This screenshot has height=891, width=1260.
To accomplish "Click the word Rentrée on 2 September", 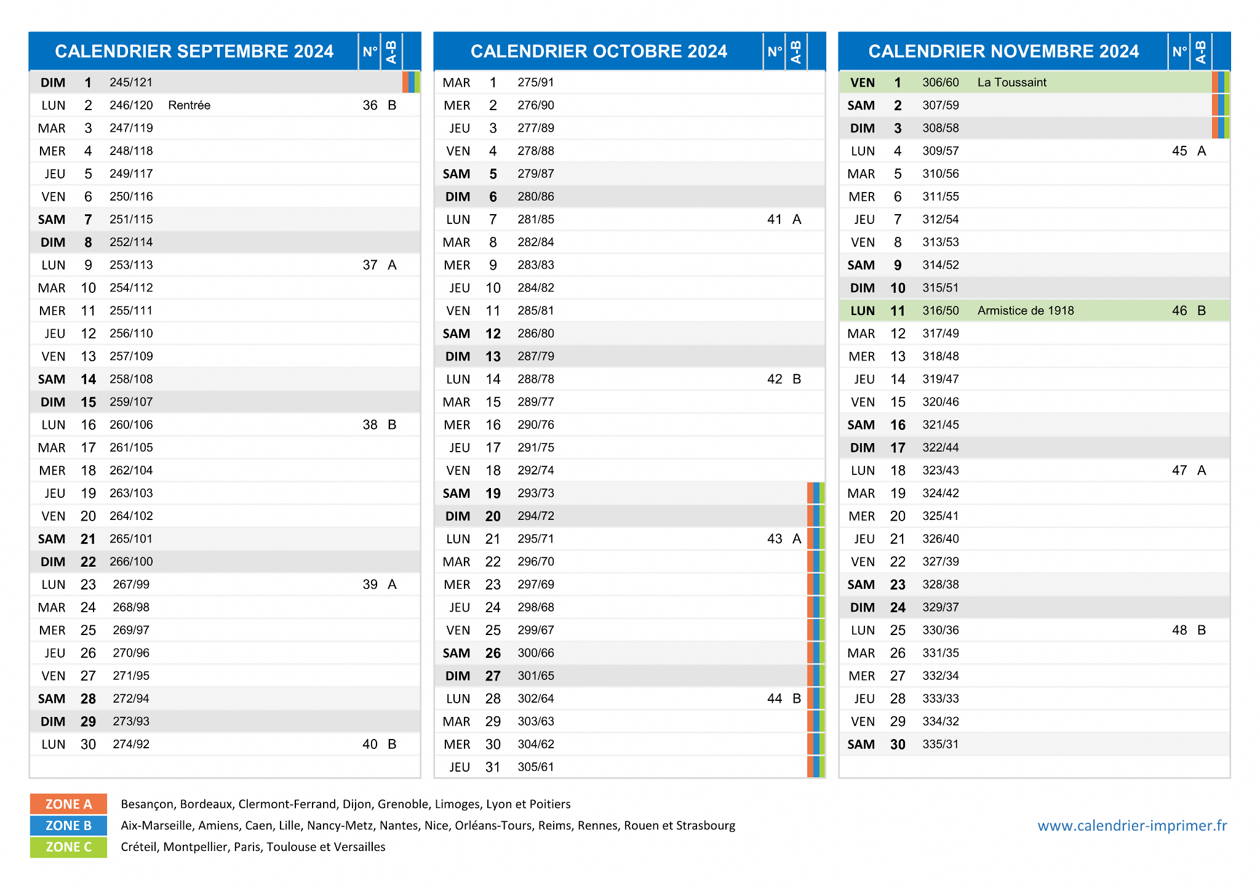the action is click(189, 105).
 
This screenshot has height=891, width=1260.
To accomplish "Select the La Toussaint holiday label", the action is click(1011, 82).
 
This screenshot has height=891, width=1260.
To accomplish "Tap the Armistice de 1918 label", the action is click(1025, 311).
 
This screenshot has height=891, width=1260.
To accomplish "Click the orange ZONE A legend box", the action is click(68, 804).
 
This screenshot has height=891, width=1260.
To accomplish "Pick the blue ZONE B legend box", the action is click(68, 825).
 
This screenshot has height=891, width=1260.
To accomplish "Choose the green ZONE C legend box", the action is click(68, 847).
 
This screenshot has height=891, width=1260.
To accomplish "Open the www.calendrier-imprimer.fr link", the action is click(1132, 826).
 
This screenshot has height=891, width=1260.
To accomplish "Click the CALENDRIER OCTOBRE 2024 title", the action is click(599, 51).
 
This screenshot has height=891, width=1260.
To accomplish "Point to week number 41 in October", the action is click(775, 220).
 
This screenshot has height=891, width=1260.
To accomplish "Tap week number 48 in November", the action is click(1179, 630).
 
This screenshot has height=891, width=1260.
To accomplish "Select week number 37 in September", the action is click(370, 265).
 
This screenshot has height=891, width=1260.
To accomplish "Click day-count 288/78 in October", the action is click(535, 379).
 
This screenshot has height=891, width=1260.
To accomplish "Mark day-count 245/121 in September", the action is click(130, 82).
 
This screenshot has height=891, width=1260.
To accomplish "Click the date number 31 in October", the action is click(493, 767).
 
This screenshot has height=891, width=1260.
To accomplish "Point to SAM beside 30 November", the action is click(861, 745).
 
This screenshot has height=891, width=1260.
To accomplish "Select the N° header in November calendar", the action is click(1179, 52).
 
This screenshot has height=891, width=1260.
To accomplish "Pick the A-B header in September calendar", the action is click(391, 52).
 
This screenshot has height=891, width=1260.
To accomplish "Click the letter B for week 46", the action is click(1202, 311).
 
